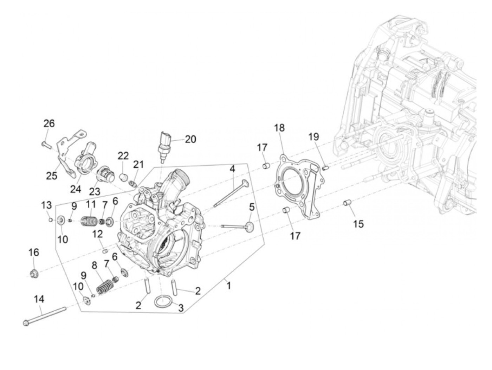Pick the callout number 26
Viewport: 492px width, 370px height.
tap(49, 123)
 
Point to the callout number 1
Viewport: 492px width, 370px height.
tap(228, 286)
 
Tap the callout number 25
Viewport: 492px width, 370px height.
tap(52, 176)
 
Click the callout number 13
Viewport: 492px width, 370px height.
tap(46, 205)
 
